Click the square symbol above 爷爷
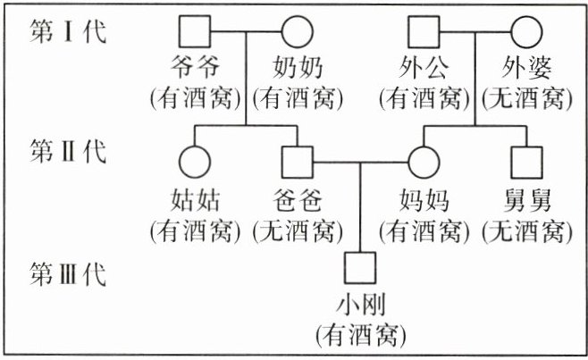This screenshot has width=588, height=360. pos(195,35)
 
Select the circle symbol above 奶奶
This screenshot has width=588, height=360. pos(298,35)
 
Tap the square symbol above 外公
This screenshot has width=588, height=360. pos(422,35)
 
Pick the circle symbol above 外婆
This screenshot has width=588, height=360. pos(525,35)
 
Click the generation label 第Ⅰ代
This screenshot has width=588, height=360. pos(68,34)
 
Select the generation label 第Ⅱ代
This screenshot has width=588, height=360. pos(68,152)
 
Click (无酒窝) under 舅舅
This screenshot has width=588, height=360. pos(525,231)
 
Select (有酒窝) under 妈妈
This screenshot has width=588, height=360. pos(422,231)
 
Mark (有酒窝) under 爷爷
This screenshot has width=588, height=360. pos(195,97)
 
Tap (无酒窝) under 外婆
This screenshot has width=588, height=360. pos(525,97)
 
